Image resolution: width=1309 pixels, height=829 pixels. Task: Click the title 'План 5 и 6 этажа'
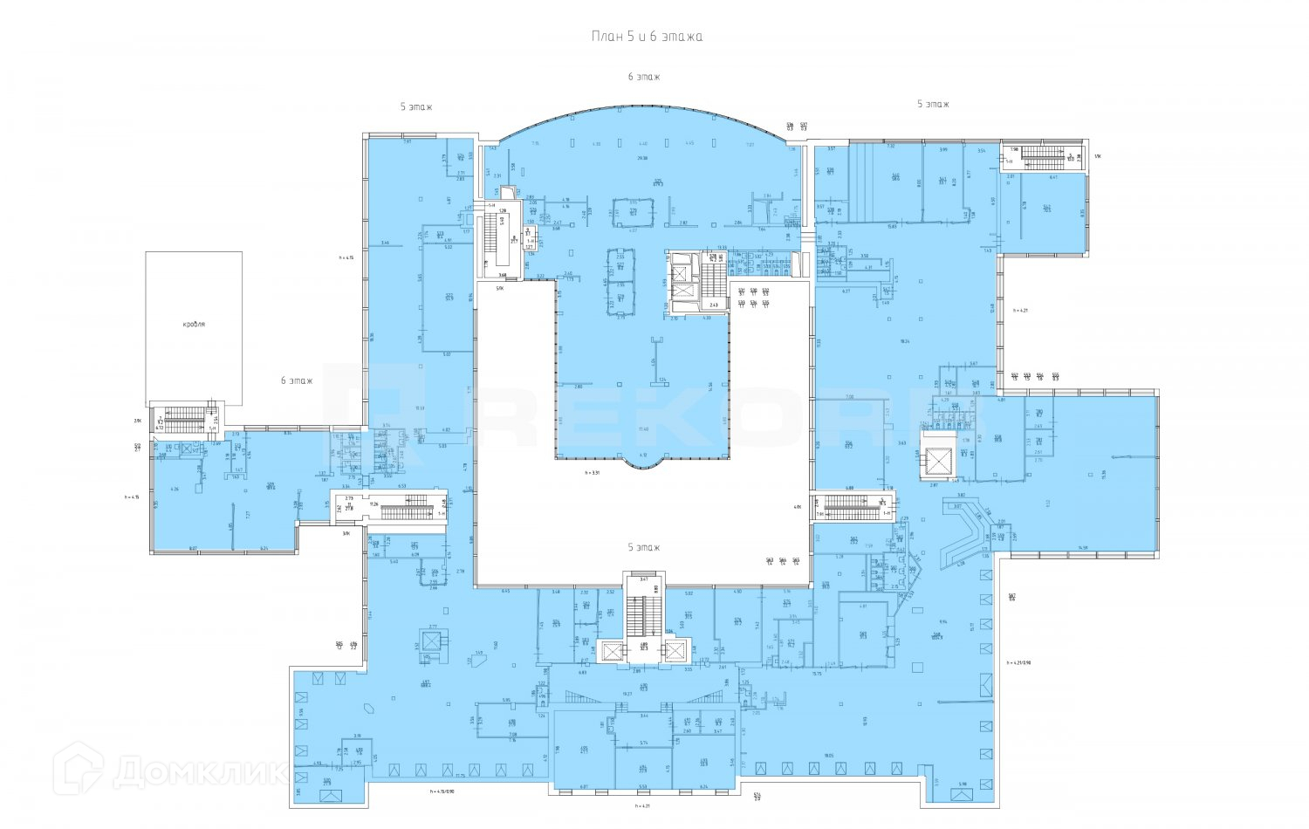tap(647, 37)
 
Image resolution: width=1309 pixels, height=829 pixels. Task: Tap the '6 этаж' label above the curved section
tap(644, 77)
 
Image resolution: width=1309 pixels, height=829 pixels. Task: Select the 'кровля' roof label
tap(194, 324)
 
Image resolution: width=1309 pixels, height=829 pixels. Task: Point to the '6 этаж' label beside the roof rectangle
tap(297, 380)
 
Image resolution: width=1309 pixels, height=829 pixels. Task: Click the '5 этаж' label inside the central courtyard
tap(644, 547)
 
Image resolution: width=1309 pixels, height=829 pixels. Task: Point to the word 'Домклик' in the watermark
tap(201, 771)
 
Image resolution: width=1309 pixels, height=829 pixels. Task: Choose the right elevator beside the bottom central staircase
tap(675, 651)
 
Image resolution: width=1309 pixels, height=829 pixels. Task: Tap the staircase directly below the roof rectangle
tap(184, 419)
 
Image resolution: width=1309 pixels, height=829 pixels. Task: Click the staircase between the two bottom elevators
tap(644, 615)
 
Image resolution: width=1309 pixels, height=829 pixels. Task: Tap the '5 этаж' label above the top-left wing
tap(416, 106)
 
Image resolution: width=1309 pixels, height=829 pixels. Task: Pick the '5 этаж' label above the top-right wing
tap(932, 104)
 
